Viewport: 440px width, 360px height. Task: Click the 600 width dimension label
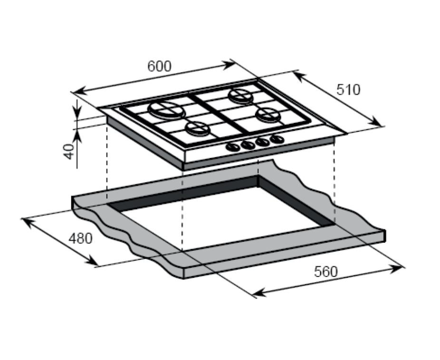coord(159,67)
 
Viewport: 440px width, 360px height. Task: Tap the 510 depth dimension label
coord(348,90)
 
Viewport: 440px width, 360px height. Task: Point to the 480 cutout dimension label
coord(81,239)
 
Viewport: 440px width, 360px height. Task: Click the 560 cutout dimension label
coord(326,272)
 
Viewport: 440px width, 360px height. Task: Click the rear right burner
coord(240,96)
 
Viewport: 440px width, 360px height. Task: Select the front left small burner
coord(198,130)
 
